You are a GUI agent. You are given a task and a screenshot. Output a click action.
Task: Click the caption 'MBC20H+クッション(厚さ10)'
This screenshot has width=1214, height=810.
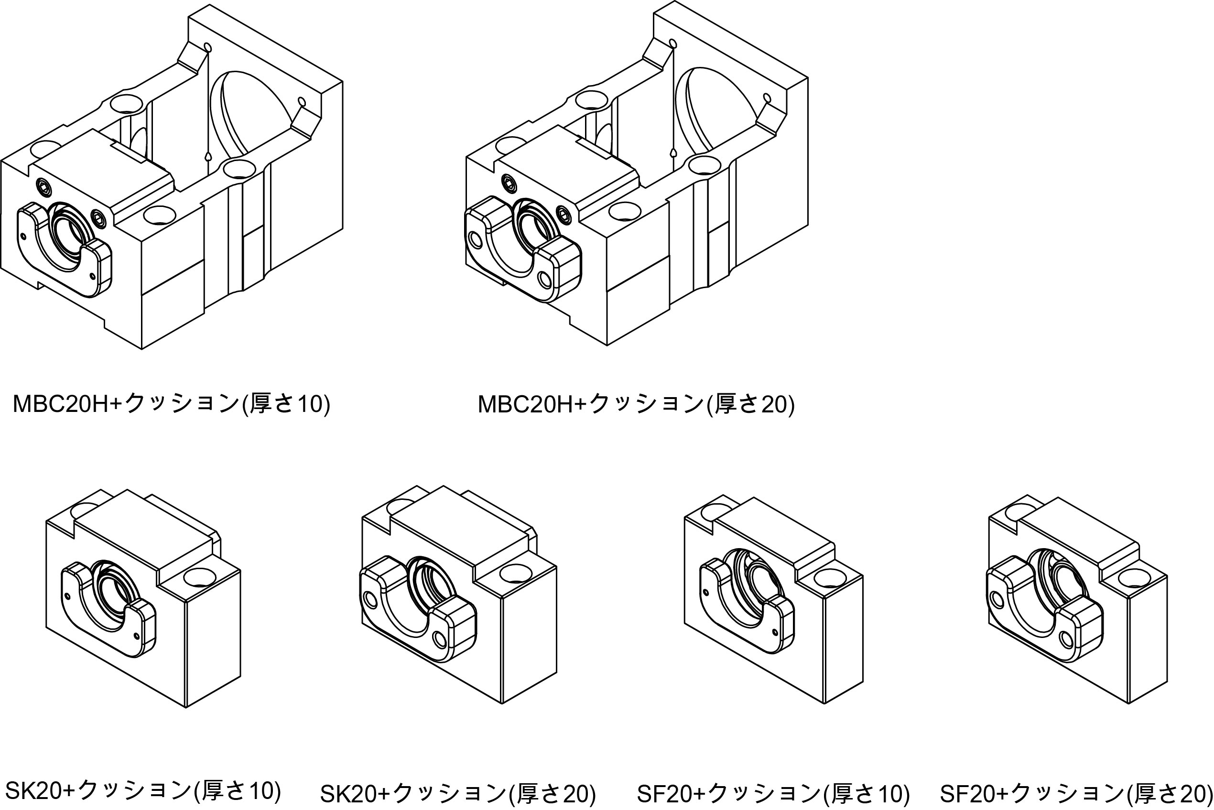(x=171, y=403)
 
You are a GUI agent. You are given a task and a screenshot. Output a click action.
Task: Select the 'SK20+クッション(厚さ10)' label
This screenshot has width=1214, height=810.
(x=142, y=790)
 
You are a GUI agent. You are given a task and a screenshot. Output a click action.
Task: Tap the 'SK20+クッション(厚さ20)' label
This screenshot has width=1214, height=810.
(x=458, y=793)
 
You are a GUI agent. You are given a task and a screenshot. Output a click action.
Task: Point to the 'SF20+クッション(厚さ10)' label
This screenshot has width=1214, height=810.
(x=773, y=793)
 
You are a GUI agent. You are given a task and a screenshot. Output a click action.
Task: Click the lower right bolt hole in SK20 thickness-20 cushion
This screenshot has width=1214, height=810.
(x=440, y=639)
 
